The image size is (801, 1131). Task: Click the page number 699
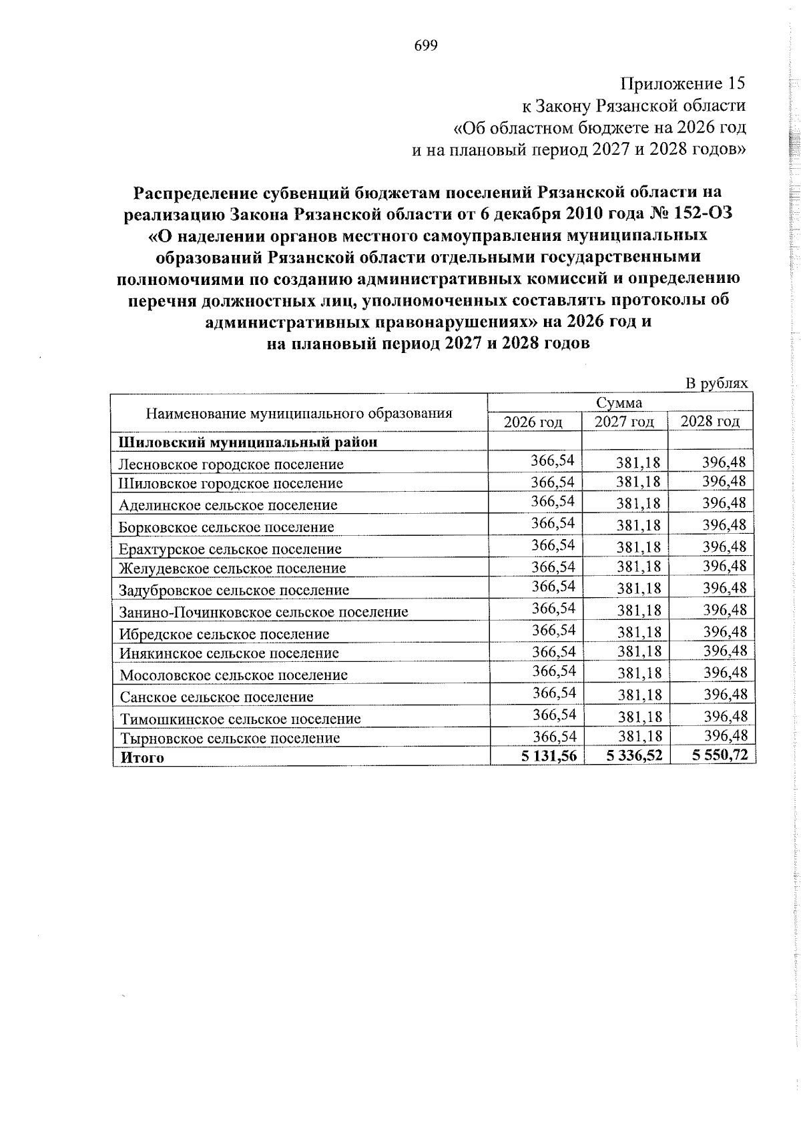[x=426, y=45]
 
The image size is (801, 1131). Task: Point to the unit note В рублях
[x=717, y=383]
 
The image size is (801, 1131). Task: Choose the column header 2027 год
[x=624, y=422]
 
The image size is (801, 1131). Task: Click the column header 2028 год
[x=710, y=422]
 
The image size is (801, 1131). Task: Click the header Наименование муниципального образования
[x=299, y=413]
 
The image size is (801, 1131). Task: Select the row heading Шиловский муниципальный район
[x=248, y=442]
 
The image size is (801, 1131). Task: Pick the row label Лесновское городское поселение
[x=231, y=464]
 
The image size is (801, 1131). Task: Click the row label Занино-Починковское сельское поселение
[x=264, y=611]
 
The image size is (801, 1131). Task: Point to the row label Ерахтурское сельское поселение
[x=230, y=549]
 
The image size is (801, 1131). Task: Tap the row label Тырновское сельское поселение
[x=230, y=738]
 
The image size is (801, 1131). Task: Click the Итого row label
[x=142, y=757]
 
